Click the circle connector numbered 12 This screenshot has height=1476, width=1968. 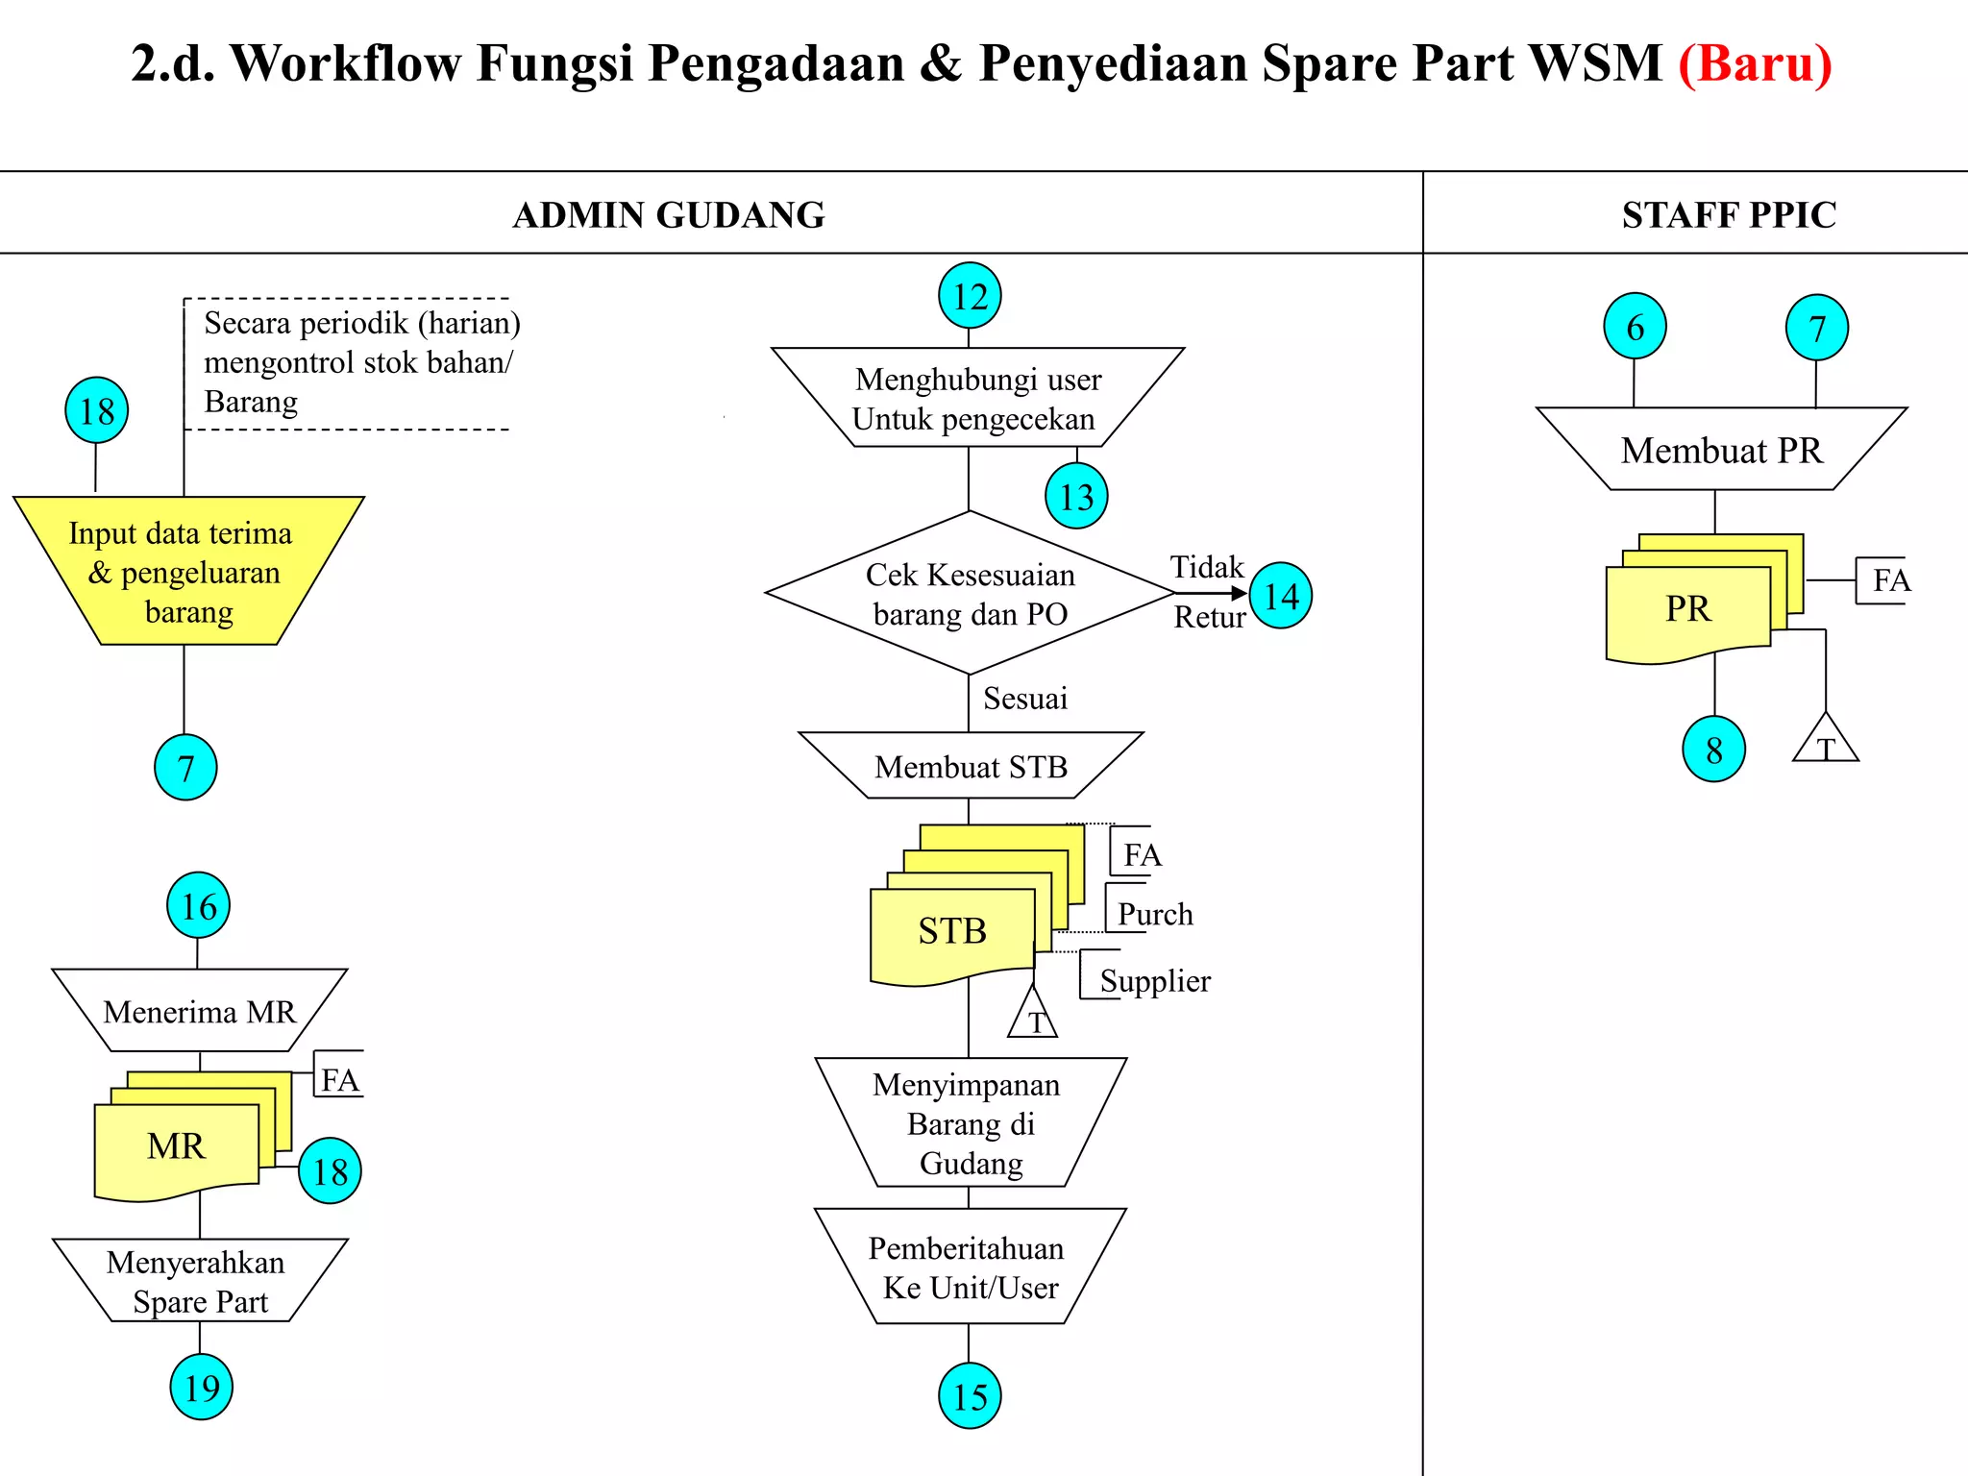pyautogui.click(x=970, y=296)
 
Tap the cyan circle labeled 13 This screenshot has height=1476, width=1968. pyautogui.click(x=1076, y=496)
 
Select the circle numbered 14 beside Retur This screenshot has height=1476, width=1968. pyautogui.click(x=1281, y=596)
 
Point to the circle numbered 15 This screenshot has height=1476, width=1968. pyautogui.click(x=970, y=1395)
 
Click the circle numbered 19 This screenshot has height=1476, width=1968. pyautogui.click(x=202, y=1387)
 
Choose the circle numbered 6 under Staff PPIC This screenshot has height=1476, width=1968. pyautogui.click(x=1635, y=327)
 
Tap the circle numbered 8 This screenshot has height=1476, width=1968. pyautogui.click(x=1713, y=749)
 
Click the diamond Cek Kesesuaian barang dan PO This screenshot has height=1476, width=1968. pyautogui.click(x=970, y=593)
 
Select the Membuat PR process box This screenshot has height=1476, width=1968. pyautogui.click(x=1721, y=450)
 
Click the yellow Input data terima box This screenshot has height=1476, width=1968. pyautogui.click(x=187, y=572)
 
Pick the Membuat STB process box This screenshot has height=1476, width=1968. pyautogui.click(x=971, y=766)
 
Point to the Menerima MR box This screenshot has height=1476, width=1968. pyautogui.click(x=200, y=1011)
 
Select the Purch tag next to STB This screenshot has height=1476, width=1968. pyautogui.click(x=1154, y=914)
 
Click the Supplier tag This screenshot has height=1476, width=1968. pyautogui.click(x=1154, y=981)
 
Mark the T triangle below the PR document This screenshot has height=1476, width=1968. pyautogui.click(x=1826, y=743)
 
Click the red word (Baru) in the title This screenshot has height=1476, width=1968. pyautogui.click(x=1755, y=63)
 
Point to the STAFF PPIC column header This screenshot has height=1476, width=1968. pyautogui.click(x=1729, y=214)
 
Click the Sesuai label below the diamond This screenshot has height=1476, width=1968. pyautogui.click(x=1024, y=699)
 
